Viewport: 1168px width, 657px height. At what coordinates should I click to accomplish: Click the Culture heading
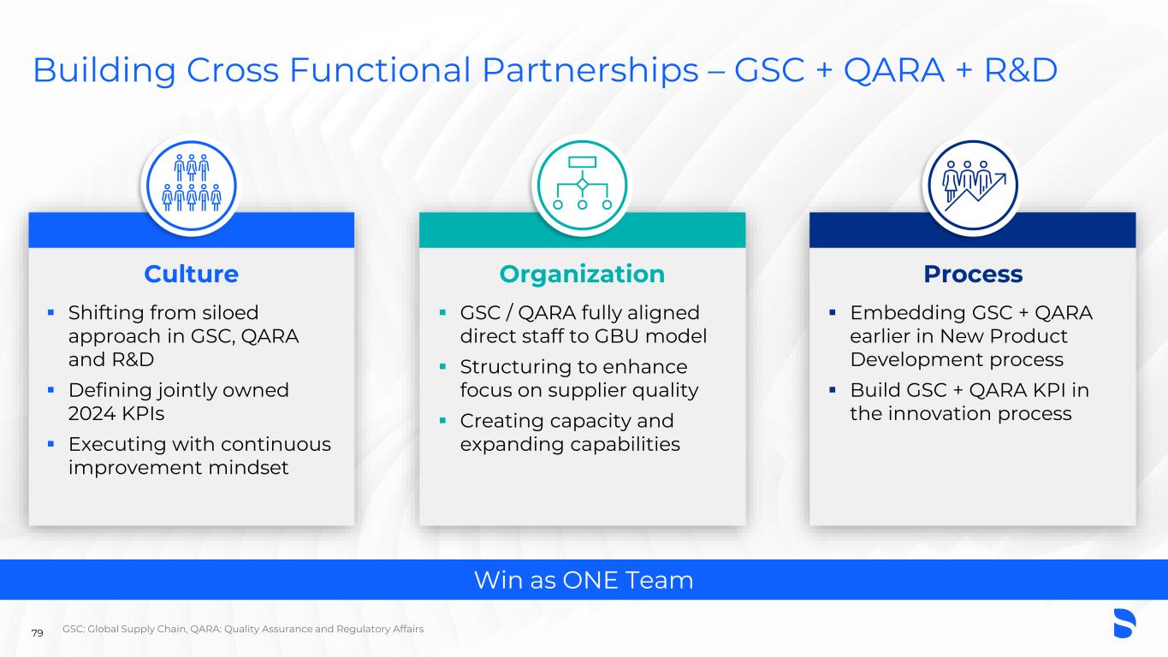(192, 275)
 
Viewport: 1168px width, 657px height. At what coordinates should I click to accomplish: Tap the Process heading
(973, 275)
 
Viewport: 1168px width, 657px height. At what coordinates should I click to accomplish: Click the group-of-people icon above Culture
(192, 183)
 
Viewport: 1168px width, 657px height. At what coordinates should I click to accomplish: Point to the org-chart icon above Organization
(583, 183)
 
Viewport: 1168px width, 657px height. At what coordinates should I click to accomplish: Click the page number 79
(37, 633)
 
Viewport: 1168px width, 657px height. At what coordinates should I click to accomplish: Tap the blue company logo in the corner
(1124, 624)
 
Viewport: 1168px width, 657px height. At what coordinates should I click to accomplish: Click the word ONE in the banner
(590, 580)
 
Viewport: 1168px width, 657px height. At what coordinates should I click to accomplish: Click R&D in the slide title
(1021, 70)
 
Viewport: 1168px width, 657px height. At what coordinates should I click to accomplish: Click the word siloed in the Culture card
(230, 313)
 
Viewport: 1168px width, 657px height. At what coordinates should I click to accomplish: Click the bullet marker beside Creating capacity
(442, 420)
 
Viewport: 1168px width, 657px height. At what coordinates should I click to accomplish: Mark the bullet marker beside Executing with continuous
(50, 444)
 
